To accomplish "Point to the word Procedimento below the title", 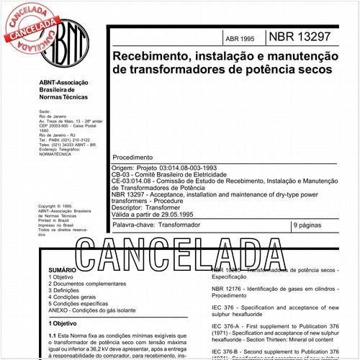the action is (x=133, y=157).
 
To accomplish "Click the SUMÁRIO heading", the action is (x=60, y=268).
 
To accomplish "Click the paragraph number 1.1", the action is (x=52, y=336).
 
